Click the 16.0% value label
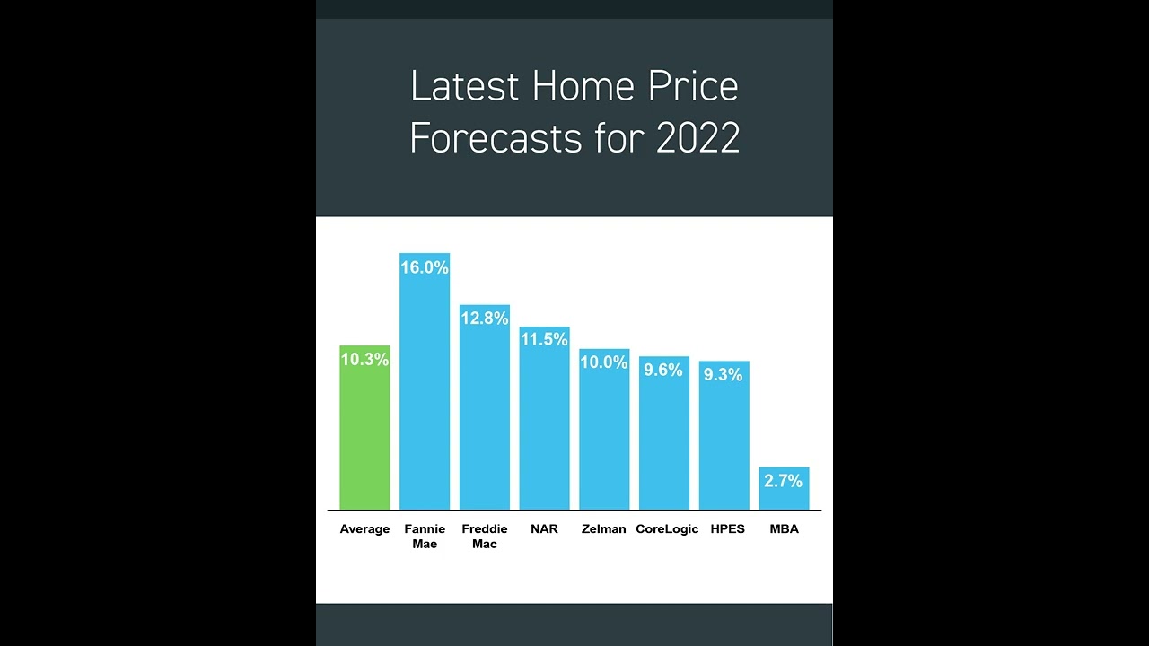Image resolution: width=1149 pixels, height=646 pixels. pos(425,268)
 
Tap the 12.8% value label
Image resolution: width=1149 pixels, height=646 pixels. pos(485,319)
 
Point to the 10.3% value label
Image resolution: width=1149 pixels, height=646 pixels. pos(364,360)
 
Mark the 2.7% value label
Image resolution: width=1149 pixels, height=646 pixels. pos(783,481)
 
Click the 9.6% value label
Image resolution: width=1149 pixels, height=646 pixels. pos(663,371)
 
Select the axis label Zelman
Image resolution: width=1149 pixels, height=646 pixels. pos(604,529)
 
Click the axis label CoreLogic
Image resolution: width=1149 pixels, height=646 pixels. pos(667,529)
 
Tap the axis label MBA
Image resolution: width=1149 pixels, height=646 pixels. pos(784,529)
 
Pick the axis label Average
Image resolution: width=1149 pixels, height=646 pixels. pos(364,529)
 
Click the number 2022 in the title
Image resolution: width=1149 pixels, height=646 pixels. pos(697,138)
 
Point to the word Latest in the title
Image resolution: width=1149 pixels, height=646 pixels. pos(465,87)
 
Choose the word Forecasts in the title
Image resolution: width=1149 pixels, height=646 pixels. pos(496,138)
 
